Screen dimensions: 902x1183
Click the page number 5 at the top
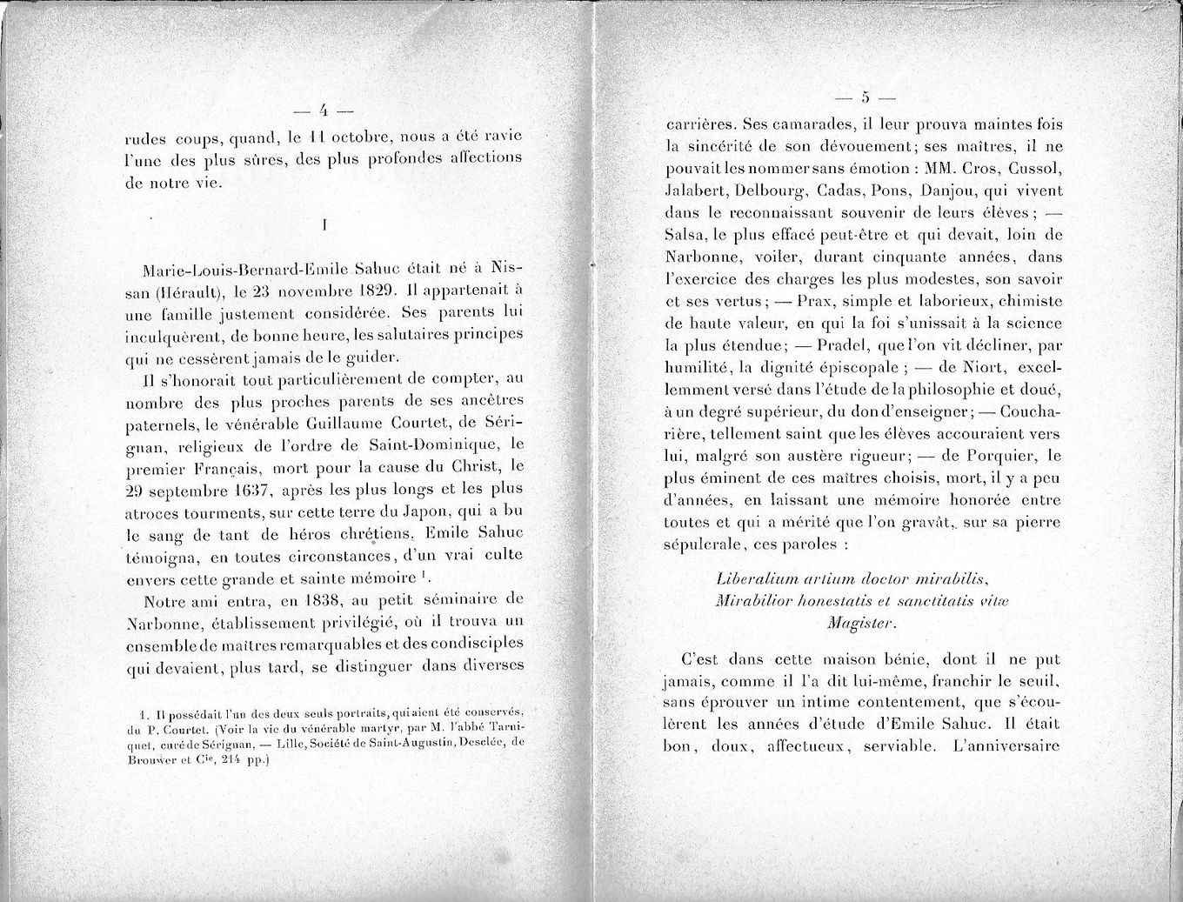click(866, 96)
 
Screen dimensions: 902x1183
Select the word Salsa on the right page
click(685, 235)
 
